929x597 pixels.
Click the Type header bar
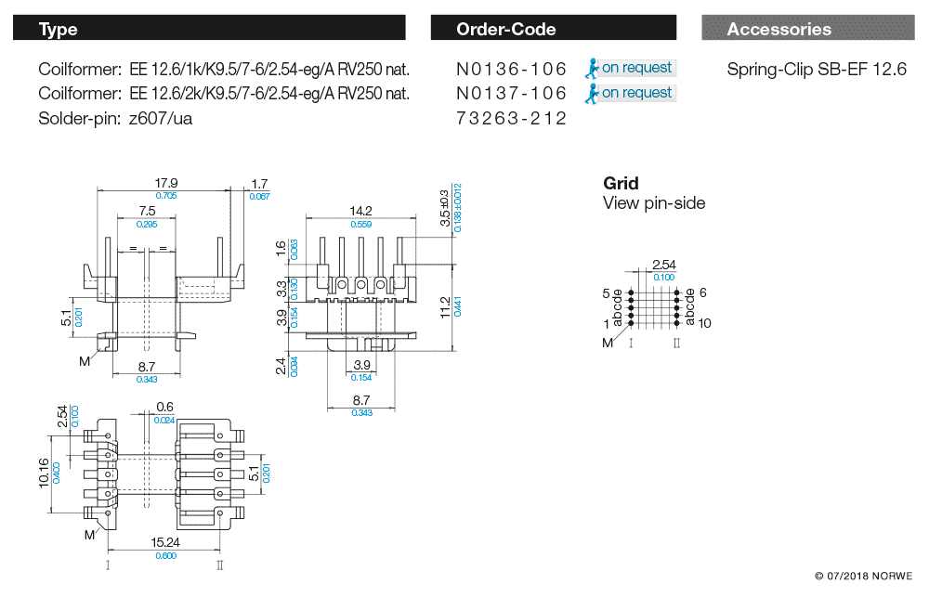tap(209, 29)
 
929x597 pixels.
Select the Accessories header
tap(807, 29)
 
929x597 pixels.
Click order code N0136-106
tap(511, 69)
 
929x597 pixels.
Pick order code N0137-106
tap(511, 93)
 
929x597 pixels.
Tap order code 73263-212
tap(511, 118)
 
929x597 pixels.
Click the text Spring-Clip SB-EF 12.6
tap(816, 69)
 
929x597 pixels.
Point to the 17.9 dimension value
tap(165, 183)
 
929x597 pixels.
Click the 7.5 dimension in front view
tap(147, 212)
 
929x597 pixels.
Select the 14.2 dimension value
tap(360, 211)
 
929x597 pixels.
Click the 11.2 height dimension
tap(445, 306)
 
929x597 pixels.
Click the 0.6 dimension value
tap(165, 407)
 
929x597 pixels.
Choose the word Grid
tap(621, 183)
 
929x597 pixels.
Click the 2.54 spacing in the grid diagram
tap(663, 266)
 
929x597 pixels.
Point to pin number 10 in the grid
tap(705, 324)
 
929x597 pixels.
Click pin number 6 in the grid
tap(703, 292)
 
